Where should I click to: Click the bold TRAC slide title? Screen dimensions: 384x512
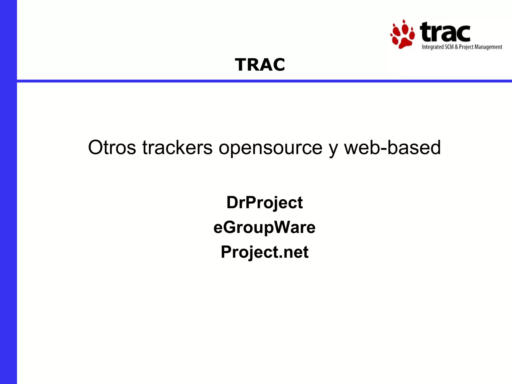(x=260, y=65)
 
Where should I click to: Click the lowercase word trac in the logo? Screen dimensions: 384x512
(x=445, y=32)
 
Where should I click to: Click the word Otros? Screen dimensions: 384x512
(x=112, y=147)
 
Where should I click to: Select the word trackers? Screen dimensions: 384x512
(x=177, y=147)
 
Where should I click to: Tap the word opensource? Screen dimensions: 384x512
(x=270, y=147)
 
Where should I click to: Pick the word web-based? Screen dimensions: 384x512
(x=392, y=147)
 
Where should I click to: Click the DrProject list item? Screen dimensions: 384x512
(x=264, y=202)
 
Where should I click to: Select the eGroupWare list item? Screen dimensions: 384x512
(x=264, y=227)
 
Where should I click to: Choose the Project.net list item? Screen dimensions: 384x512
(x=264, y=252)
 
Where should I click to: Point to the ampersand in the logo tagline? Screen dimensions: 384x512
(x=456, y=47)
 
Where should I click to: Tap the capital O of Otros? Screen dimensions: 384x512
(x=96, y=147)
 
